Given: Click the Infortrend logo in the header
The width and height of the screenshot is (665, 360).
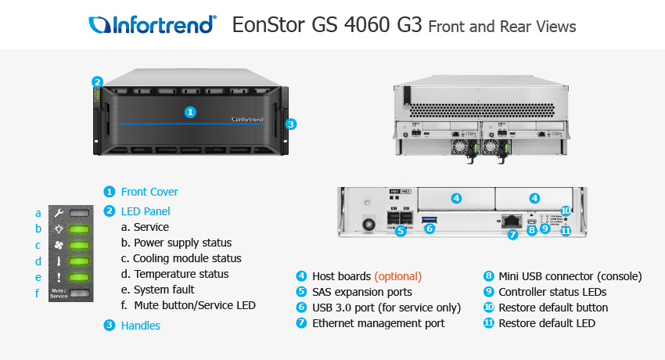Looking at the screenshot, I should tap(153, 25).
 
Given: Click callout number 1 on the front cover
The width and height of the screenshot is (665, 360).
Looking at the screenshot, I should tap(189, 112).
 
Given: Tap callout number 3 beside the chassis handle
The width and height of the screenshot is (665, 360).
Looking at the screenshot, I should tap(290, 124).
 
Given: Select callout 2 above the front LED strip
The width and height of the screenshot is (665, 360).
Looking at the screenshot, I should tap(97, 81).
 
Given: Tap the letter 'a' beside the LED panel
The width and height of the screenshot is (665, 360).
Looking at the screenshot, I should tap(38, 213).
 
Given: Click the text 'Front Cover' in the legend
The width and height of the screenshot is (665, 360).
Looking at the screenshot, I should tap(149, 192).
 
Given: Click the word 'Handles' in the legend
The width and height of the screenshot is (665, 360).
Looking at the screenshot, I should tap(140, 326).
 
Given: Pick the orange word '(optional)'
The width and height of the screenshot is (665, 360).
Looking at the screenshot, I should tap(397, 276).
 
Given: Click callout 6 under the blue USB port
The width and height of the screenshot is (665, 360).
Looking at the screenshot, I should tap(429, 229).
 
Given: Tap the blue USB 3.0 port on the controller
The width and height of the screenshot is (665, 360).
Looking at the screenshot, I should tap(430, 220).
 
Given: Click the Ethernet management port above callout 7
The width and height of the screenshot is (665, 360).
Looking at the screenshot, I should tap(512, 221).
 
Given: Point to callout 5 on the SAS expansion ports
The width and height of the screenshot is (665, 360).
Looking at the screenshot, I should tap(400, 231).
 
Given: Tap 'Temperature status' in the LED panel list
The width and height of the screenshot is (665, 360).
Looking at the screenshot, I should tap(181, 274).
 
